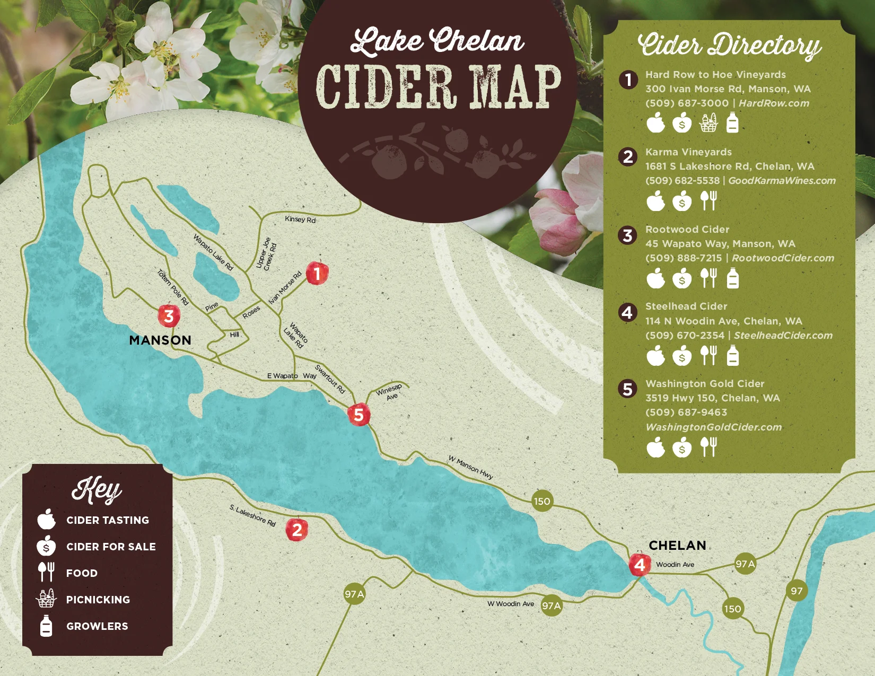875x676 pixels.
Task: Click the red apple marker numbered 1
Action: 317,274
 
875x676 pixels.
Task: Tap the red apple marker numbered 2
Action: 297,530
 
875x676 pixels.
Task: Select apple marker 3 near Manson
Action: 169,316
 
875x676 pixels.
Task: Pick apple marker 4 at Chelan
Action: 640,565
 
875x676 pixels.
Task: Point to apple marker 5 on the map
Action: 359,415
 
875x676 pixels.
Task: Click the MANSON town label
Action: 160,340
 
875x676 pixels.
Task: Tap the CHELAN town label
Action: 677,546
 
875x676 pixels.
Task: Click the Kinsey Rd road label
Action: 300,220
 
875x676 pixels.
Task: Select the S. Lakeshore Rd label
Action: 252,515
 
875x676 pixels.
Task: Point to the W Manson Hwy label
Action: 470,467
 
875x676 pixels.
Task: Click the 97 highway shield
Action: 797,591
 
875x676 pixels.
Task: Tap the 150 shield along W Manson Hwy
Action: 542,501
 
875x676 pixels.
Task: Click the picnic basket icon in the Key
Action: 46,599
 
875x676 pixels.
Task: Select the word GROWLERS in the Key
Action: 97,626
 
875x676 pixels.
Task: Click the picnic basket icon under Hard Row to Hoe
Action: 708,124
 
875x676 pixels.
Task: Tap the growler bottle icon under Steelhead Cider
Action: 732,356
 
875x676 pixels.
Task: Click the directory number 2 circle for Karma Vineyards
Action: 628,157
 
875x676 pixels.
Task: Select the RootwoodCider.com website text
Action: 783,258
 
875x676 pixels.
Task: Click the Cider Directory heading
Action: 729,45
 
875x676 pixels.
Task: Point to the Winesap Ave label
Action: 390,392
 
